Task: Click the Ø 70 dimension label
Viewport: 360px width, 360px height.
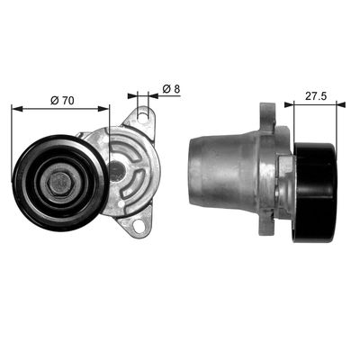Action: pos(62,101)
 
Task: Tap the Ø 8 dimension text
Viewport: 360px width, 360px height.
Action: pos(171,89)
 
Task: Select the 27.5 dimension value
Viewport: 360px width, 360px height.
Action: pos(316,96)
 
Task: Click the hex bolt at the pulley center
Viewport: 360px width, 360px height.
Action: pos(60,183)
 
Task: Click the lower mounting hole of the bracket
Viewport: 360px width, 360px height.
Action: pos(139,225)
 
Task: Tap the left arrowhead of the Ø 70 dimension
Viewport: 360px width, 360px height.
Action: pos(17,109)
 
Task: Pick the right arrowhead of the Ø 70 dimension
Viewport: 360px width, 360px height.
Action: pos(103,109)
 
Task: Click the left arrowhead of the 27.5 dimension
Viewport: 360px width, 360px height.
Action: pos(289,104)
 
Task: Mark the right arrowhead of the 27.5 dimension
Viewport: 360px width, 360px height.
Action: pos(341,104)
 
